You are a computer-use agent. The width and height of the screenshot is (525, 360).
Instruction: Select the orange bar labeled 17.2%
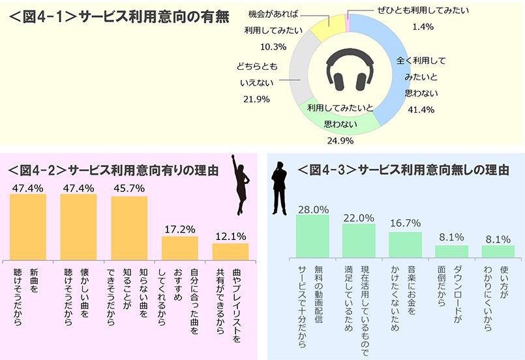[179, 248]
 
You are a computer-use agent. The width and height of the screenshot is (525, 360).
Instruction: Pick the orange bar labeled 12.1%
[230, 252]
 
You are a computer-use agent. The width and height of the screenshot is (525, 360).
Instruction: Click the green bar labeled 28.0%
[312, 235]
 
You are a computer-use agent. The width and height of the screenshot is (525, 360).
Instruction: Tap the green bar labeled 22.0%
[359, 241]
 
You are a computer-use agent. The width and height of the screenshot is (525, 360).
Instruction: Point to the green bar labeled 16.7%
[405, 244]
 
